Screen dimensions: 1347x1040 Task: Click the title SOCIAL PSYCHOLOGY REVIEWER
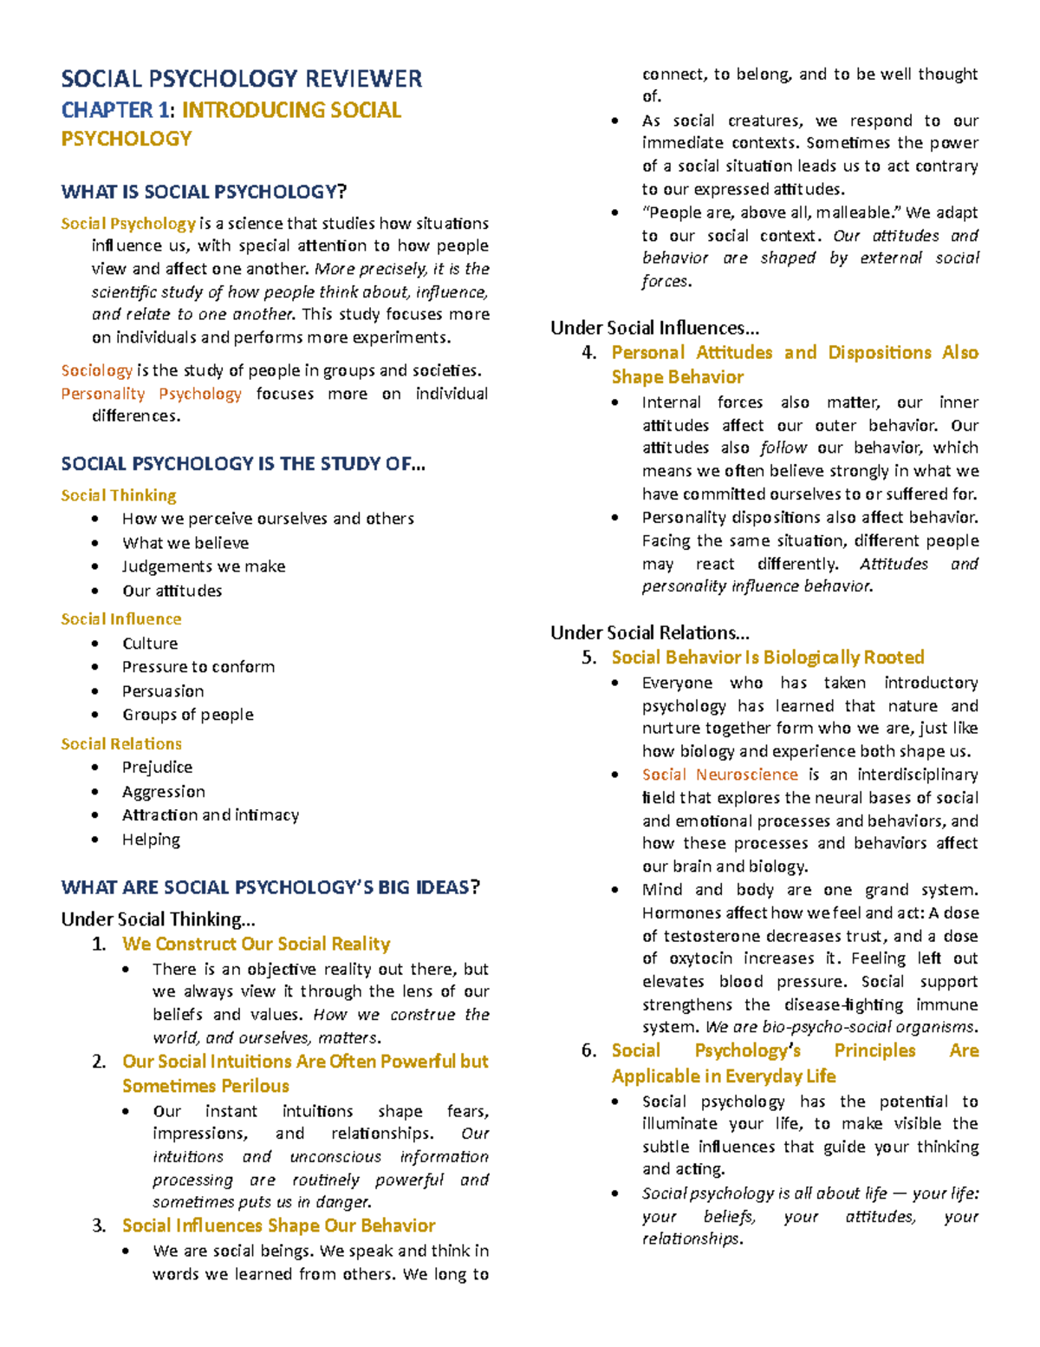(241, 79)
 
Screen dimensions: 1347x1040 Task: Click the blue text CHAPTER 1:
(118, 110)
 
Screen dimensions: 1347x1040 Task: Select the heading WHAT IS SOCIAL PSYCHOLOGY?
(203, 192)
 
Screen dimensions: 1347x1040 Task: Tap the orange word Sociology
(96, 370)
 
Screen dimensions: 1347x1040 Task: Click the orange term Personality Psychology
(151, 394)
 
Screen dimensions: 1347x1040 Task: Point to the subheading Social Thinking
(119, 495)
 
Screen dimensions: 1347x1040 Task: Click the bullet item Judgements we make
(204, 566)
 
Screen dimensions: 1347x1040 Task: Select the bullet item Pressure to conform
(198, 667)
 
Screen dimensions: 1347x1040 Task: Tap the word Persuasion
(163, 691)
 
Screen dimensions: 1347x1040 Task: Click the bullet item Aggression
(164, 792)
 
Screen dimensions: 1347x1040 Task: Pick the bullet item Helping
(151, 840)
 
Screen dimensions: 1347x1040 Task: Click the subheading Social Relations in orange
(121, 744)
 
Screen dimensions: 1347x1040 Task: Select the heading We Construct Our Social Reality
(256, 944)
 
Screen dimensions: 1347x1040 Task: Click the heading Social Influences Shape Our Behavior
(278, 1226)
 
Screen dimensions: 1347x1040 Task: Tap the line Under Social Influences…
(654, 328)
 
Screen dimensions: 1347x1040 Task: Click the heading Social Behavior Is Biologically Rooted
(767, 657)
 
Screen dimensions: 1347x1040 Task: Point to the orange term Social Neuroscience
(719, 775)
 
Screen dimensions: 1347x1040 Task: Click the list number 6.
(588, 1051)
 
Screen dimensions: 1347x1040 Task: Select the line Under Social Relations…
(649, 632)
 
